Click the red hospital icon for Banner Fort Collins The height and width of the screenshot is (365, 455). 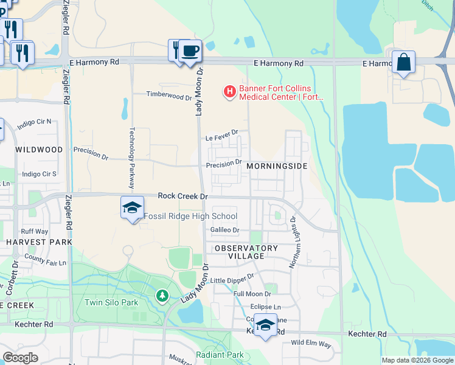point(230,92)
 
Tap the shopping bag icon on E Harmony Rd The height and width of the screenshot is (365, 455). point(403,62)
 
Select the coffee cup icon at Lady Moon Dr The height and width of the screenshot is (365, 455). point(190,50)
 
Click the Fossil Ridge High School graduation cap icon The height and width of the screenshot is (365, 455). point(132,208)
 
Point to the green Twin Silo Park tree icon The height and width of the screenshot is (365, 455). point(162,296)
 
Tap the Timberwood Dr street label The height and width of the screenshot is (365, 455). point(169,96)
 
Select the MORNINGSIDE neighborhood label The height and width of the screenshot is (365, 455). point(278,166)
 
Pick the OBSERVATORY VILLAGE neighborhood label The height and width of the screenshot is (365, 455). point(246,252)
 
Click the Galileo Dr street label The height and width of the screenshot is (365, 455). point(225,230)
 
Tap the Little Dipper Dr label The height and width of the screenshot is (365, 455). point(232,279)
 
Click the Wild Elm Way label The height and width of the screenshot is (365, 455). point(311,344)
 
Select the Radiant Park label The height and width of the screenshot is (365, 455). point(220,355)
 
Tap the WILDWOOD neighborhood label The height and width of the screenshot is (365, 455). point(39,150)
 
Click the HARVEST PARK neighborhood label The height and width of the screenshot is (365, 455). point(39,242)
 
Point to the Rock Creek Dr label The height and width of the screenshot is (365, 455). point(183,196)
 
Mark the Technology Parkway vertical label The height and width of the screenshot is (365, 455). point(132,153)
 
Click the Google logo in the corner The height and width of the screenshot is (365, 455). point(21,358)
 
